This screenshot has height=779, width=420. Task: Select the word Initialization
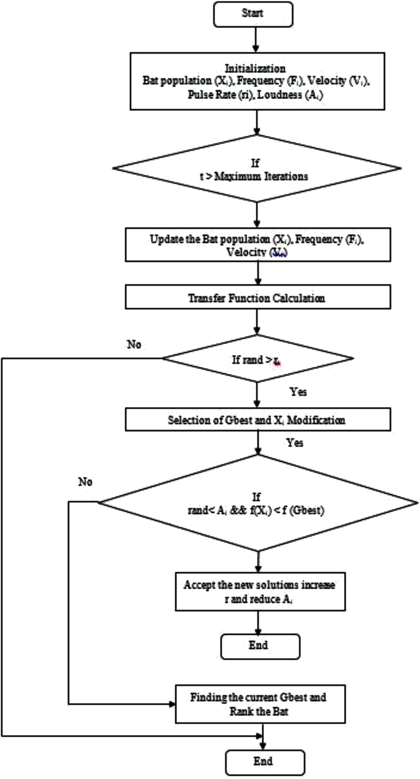pos(255,68)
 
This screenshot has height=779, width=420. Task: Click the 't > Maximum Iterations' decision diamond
pos(257,168)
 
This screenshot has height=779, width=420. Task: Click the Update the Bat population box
pos(258,245)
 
